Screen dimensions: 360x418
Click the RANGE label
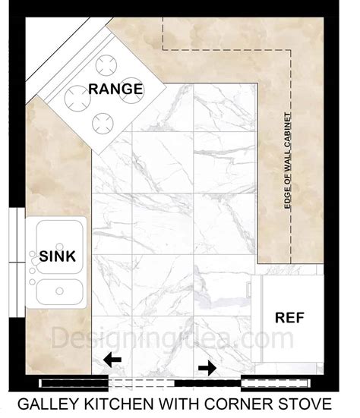[115, 89]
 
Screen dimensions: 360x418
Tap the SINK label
[58, 256]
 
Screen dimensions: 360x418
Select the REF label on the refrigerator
[289, 318]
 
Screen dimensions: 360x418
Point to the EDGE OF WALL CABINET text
[288, 161]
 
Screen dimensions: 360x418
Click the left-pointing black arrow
[112, 360]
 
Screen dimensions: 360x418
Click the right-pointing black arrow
[207, 368]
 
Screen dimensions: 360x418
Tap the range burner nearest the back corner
[106, 65]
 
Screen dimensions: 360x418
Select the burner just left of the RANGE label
[77, 98]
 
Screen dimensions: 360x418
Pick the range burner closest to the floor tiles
[103, 124]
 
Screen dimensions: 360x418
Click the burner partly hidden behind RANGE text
[131, 90]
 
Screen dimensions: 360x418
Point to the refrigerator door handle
[248, 290]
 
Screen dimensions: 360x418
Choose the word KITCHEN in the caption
[118, 404]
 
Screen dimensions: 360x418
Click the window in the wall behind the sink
[17, 262]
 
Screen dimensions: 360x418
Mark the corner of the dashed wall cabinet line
[291, 50]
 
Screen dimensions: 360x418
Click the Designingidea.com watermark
[172, 338]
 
